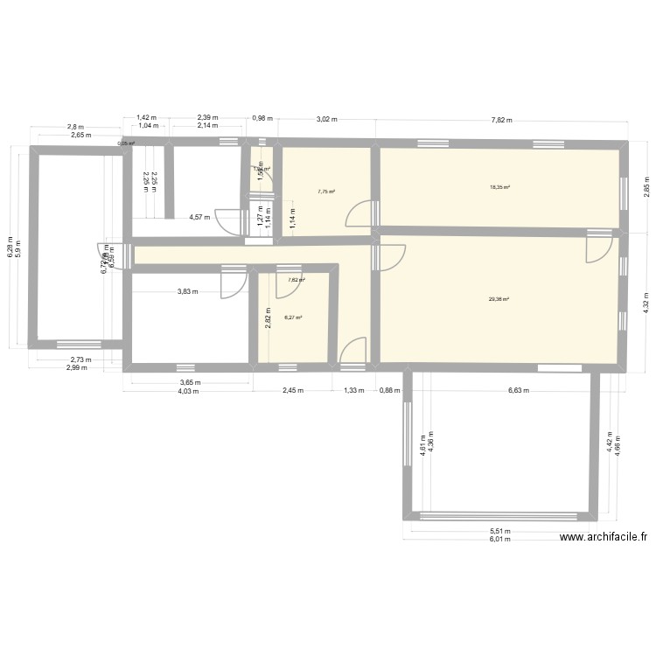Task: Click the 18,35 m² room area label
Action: [500, 186]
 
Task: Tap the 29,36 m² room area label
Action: [499, 299]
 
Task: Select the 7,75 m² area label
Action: [327, 192]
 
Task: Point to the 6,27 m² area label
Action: [293, 318]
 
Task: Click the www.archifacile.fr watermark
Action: [603, 539]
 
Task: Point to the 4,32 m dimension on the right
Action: [646, 300]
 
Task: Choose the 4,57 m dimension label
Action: [201, 218]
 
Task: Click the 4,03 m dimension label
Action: [188, 392]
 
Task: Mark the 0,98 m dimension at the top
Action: [262, 118]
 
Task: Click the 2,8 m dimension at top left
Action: [76, 127]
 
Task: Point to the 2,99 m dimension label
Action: [76, 367]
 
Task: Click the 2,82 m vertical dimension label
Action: [269, 315]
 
